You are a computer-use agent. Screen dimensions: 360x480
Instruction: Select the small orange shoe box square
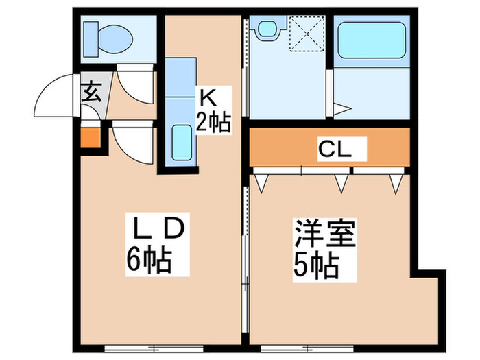tap(91, 138)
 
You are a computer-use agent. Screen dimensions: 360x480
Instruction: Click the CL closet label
tap(334, 147)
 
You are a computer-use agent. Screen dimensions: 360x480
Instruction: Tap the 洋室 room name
tap(325, 236)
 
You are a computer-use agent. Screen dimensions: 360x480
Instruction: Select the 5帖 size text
tap(317, 265)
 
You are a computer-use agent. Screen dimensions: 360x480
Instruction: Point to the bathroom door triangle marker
tap(343, 108)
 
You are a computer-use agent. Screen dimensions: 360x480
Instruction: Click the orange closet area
tap(288, 147)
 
